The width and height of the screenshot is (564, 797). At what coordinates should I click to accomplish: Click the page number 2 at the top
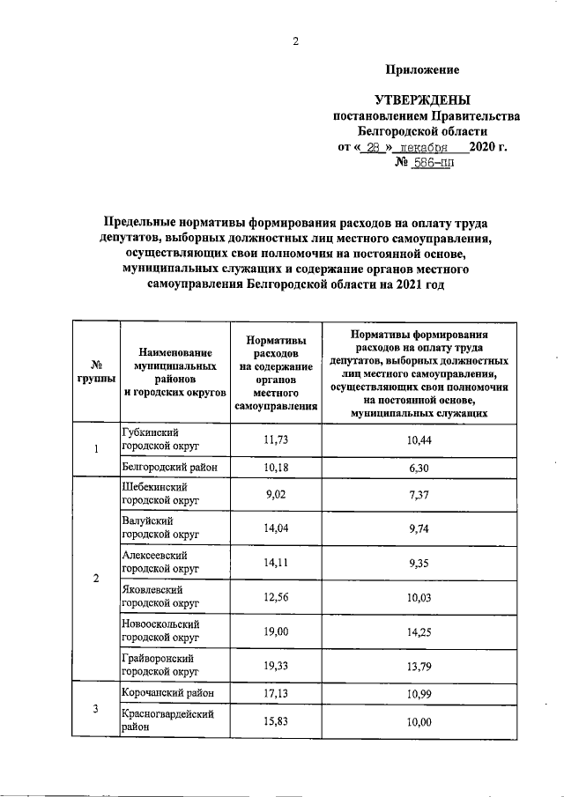click(x=296, y=41)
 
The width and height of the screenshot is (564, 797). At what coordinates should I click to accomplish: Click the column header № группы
click(x=94, y=370)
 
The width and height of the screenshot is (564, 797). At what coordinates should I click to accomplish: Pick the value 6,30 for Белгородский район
click(x=419, y=468)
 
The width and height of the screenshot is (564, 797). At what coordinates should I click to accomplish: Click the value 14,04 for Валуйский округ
click(x=277, y=528)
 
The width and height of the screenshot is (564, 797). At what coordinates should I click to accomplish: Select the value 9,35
click(x=419, y=564)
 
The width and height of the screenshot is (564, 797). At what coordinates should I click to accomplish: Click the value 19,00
click(x=277, y=631)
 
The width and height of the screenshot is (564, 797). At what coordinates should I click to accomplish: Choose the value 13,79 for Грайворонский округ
click(x=419, y=666)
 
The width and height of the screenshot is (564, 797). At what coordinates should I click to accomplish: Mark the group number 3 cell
click(x=94, y=710)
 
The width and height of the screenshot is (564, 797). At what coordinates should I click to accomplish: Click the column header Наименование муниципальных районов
click(x=174, y=370)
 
